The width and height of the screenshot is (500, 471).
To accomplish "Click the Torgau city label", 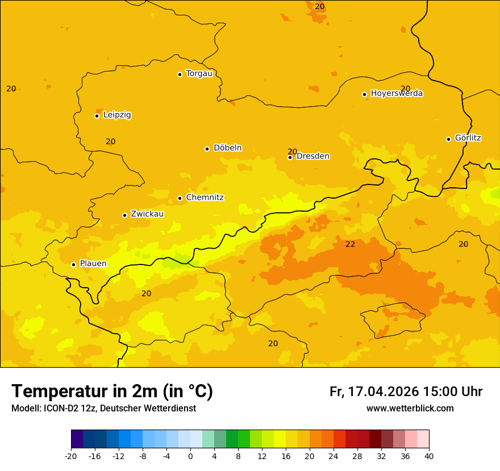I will pos(199,74).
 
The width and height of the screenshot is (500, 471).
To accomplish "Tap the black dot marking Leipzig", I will pos(97,116).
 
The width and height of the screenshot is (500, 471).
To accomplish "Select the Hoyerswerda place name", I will pos(397,94).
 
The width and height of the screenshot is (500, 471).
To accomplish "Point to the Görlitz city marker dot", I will pos(448,139).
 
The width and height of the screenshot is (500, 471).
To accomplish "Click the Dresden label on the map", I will pos(312,156).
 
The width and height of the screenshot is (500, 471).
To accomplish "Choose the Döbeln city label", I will pos(227,148).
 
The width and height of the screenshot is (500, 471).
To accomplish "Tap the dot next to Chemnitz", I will pos(180,198).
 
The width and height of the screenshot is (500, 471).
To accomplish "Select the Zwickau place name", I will pos(147,214).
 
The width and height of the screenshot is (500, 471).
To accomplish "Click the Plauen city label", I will pos(93,264).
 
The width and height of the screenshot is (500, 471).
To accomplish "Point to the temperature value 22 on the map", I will pos(351,244).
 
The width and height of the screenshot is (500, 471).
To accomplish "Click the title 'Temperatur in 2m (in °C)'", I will pos(112,391).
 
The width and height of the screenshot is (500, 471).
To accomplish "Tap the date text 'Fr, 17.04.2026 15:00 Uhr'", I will pos(406,392).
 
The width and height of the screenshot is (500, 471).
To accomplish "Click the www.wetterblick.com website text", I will pos(410,408).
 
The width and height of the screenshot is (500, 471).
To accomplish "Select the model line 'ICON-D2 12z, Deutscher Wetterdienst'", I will pos(103,408).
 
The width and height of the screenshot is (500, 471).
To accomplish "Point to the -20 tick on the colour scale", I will pos(71,456).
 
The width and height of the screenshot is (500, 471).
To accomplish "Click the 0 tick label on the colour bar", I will pos(190,456).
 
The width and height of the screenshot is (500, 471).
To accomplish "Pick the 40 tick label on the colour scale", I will pos(429,456).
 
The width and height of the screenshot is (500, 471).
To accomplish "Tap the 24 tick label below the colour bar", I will pos(334,456).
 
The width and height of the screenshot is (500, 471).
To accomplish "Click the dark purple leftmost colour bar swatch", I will pos(77,439).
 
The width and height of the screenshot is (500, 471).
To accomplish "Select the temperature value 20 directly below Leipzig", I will pos(110,141).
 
